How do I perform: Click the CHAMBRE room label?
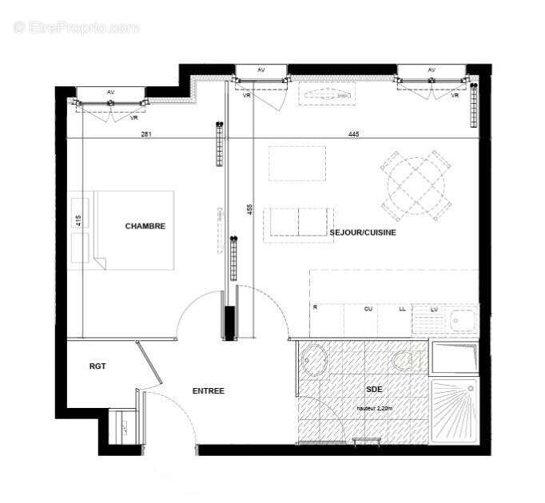click(145, 226)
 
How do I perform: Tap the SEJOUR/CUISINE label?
click(363, 232)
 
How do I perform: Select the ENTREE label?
click(209, 391)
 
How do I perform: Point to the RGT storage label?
click(97, 366)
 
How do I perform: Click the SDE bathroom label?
click(374, 390)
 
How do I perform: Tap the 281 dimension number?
click(146, 134)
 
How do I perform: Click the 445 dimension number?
click(354, 134)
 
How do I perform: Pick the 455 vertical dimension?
click(249, 210)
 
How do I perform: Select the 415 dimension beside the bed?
click(78, 221)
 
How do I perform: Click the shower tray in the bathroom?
click(454, 410)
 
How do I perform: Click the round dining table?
click(416, 184)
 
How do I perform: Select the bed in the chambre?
click(133, 230)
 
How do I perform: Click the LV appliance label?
click(434, 308)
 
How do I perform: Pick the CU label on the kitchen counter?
click(368, 308)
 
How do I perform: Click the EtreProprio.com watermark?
click(76, 28)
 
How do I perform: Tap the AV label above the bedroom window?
click(110, 93)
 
